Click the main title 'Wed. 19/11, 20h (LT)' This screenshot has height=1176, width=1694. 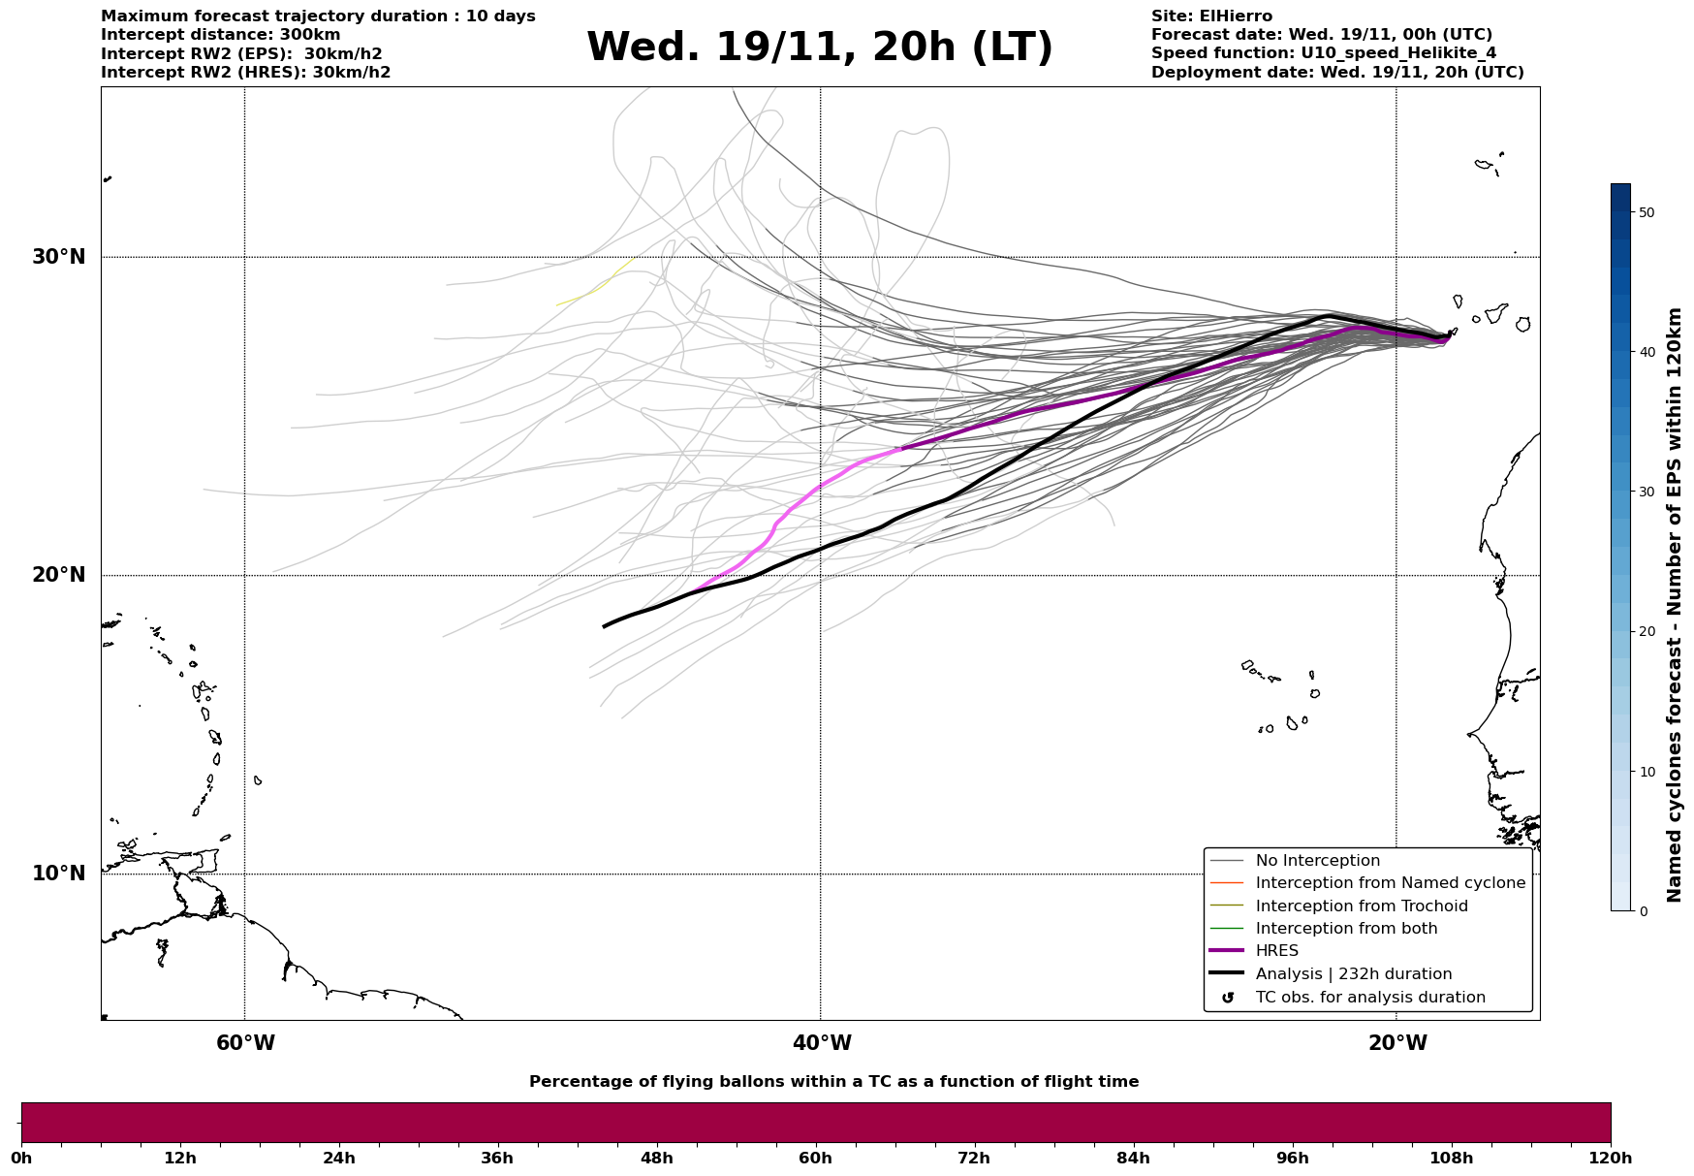[819, 48]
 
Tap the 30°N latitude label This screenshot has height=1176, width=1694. [58, 257]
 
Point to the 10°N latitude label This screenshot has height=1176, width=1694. [58, 874]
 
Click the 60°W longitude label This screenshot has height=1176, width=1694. [245, 1043]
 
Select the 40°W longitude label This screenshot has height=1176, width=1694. [822, 1043]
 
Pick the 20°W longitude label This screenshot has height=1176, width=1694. [1397, 1043]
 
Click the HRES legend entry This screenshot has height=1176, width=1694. [1276, 951]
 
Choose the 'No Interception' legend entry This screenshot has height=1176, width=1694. [1317, 861]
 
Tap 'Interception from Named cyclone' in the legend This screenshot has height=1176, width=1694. [1390, 883]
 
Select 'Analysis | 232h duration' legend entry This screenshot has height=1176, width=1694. [1353, 974]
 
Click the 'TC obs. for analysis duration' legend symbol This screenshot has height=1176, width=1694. [1228, 998]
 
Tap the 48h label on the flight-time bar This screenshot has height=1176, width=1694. [656, 1158]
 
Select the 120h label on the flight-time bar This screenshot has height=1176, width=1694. [1611, 1158]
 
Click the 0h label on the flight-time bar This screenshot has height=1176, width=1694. [21, 1158]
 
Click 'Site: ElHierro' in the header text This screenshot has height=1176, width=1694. [1211, 16]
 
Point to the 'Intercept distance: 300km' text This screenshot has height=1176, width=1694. [220, 35]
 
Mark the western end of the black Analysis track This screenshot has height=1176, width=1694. [605, 626]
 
